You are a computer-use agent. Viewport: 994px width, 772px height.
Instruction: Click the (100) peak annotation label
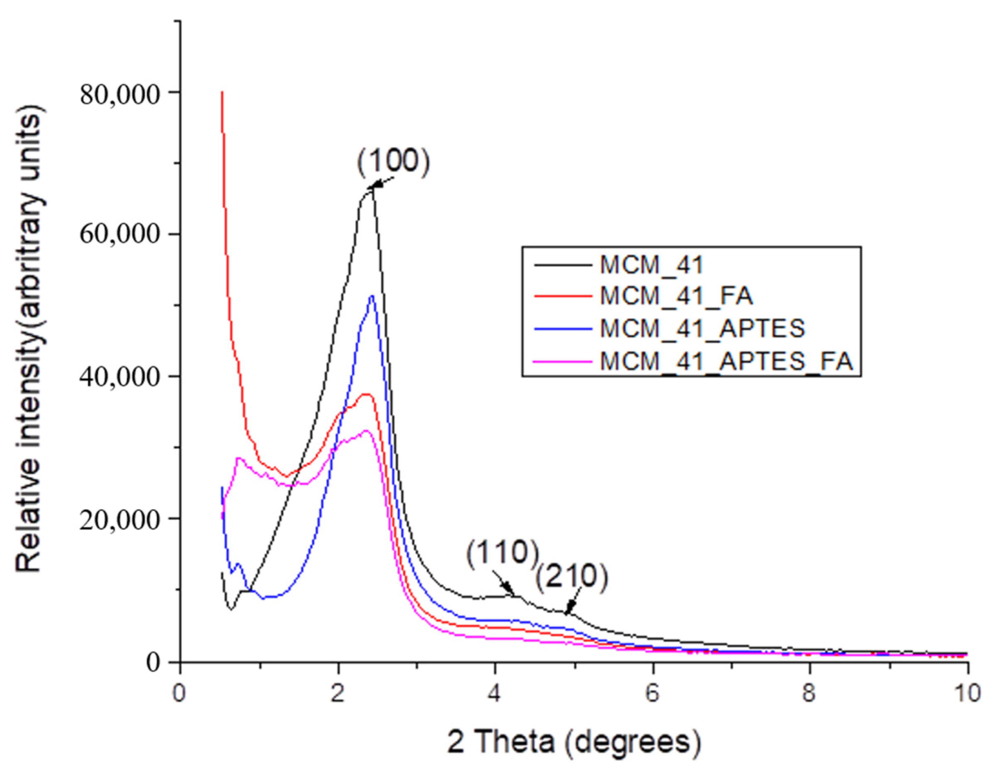click(393, 163)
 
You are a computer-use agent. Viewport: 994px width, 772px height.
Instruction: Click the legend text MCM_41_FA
click(676, 296)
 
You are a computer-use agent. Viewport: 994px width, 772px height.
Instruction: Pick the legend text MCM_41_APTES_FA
click(726, 362)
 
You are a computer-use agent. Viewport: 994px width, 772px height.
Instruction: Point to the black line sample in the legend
click(564, 264)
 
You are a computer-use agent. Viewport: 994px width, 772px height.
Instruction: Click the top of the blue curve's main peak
click(372, 296)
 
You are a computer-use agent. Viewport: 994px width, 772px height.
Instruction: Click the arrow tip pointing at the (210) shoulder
click(566, 614)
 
